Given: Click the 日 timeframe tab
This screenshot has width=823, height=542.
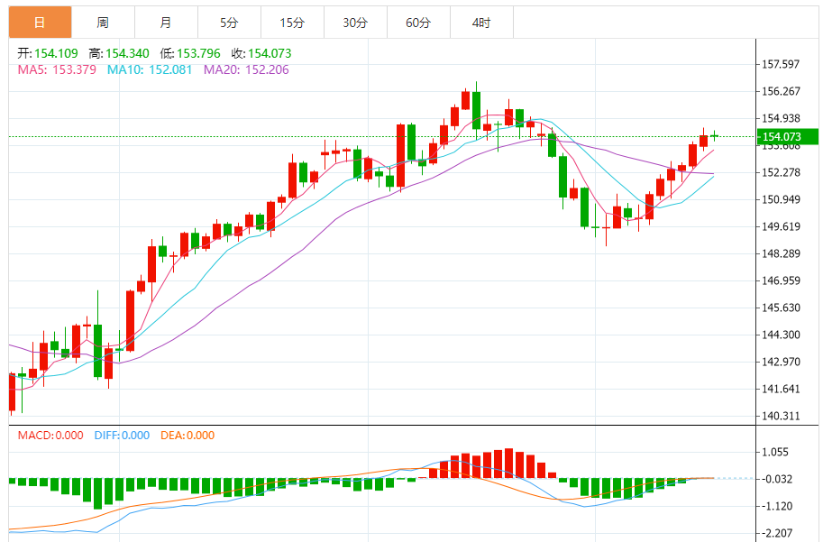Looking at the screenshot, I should pos(40,23).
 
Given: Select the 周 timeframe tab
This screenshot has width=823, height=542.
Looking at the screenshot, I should pos(103,23).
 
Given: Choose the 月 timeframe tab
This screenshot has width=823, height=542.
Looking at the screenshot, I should pos(166,23).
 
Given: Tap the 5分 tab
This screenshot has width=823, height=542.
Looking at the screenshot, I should pos(229,23).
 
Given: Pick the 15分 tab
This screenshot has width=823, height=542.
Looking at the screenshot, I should pos(292,23).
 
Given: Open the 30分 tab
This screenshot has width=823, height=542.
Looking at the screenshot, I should pos(355,23).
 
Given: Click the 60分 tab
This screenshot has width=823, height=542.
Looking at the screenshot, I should pos(418,23).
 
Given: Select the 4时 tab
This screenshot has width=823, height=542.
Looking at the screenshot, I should pos(480,23).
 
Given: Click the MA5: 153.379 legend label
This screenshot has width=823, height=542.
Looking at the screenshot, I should pos(58,69).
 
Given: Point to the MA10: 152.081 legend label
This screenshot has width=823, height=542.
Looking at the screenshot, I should pos(151,69).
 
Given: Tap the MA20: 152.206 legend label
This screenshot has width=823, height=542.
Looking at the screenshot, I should pos(246,69).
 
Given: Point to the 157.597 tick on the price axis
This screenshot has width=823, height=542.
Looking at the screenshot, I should pos(782,64).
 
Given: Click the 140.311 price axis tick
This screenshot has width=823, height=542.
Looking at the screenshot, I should pos(782,416).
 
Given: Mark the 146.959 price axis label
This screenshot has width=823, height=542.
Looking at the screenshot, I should pos(782,280).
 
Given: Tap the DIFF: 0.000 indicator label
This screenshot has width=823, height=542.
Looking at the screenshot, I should pos(122,436).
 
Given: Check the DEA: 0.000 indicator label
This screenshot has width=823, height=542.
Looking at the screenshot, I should pos(187,436).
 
